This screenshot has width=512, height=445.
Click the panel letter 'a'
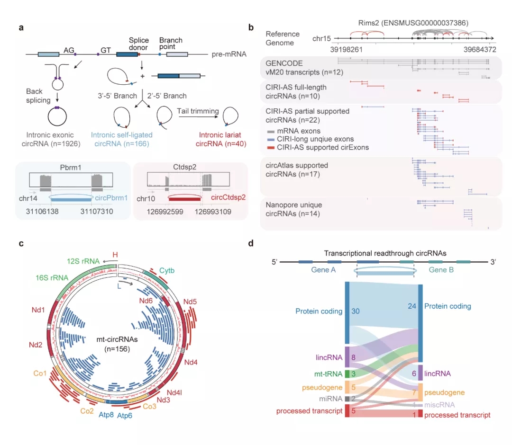point(21,28)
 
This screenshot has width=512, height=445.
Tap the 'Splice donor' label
point(138,44)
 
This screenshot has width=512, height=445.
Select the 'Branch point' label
point(171,44)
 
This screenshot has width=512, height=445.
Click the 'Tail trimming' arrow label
point(198,111)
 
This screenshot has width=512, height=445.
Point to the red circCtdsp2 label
point(228,197)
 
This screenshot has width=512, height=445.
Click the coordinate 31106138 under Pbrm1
point(42,211)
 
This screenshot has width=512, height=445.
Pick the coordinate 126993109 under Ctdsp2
point(213,212)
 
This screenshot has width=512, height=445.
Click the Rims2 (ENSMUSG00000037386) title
point(413,23)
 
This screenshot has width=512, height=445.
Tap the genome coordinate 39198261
point(346,50)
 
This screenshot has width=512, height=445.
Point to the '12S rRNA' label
point(83,261)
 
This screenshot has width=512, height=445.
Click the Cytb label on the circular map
point(167,271)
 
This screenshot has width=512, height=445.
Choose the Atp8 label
point(106,415)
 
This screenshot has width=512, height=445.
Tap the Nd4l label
point(174,392)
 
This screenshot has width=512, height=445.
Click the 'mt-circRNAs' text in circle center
point(117,339)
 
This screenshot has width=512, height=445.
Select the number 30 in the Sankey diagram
point(355,311)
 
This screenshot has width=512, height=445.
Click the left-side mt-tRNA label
point(328,374)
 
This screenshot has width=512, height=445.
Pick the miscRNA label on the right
point(439,405)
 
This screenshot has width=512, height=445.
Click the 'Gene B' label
point(441,270)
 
